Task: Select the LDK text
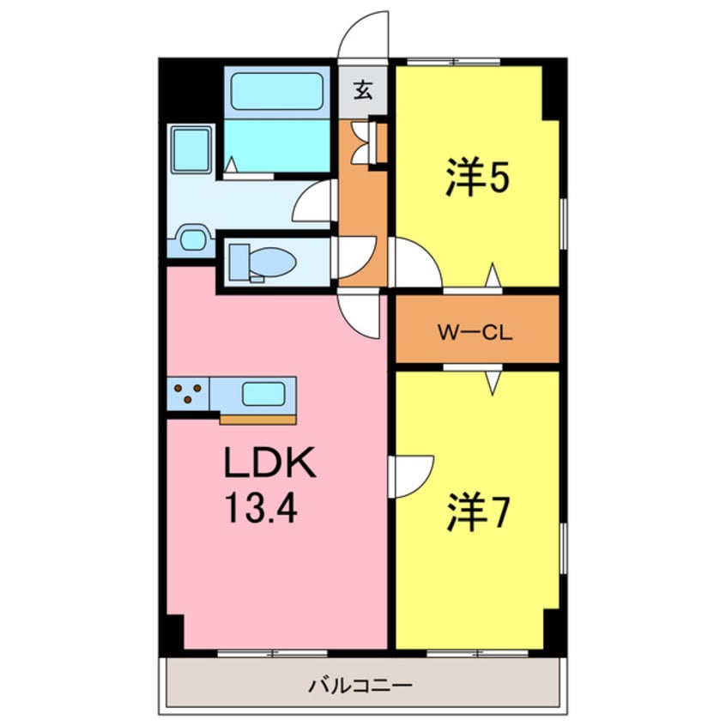click(x=269, y=468)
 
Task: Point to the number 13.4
click(x=262, y=510)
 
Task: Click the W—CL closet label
click(x=475, y=331)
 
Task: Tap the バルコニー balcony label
click(x=360, y=687)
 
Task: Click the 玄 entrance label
click(x=364, y=89)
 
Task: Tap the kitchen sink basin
click(x=263, y=394)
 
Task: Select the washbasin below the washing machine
click(x=193, y=239)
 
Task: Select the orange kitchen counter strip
click(x=257, y=420)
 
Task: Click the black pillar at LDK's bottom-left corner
click(x=175, y=633)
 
